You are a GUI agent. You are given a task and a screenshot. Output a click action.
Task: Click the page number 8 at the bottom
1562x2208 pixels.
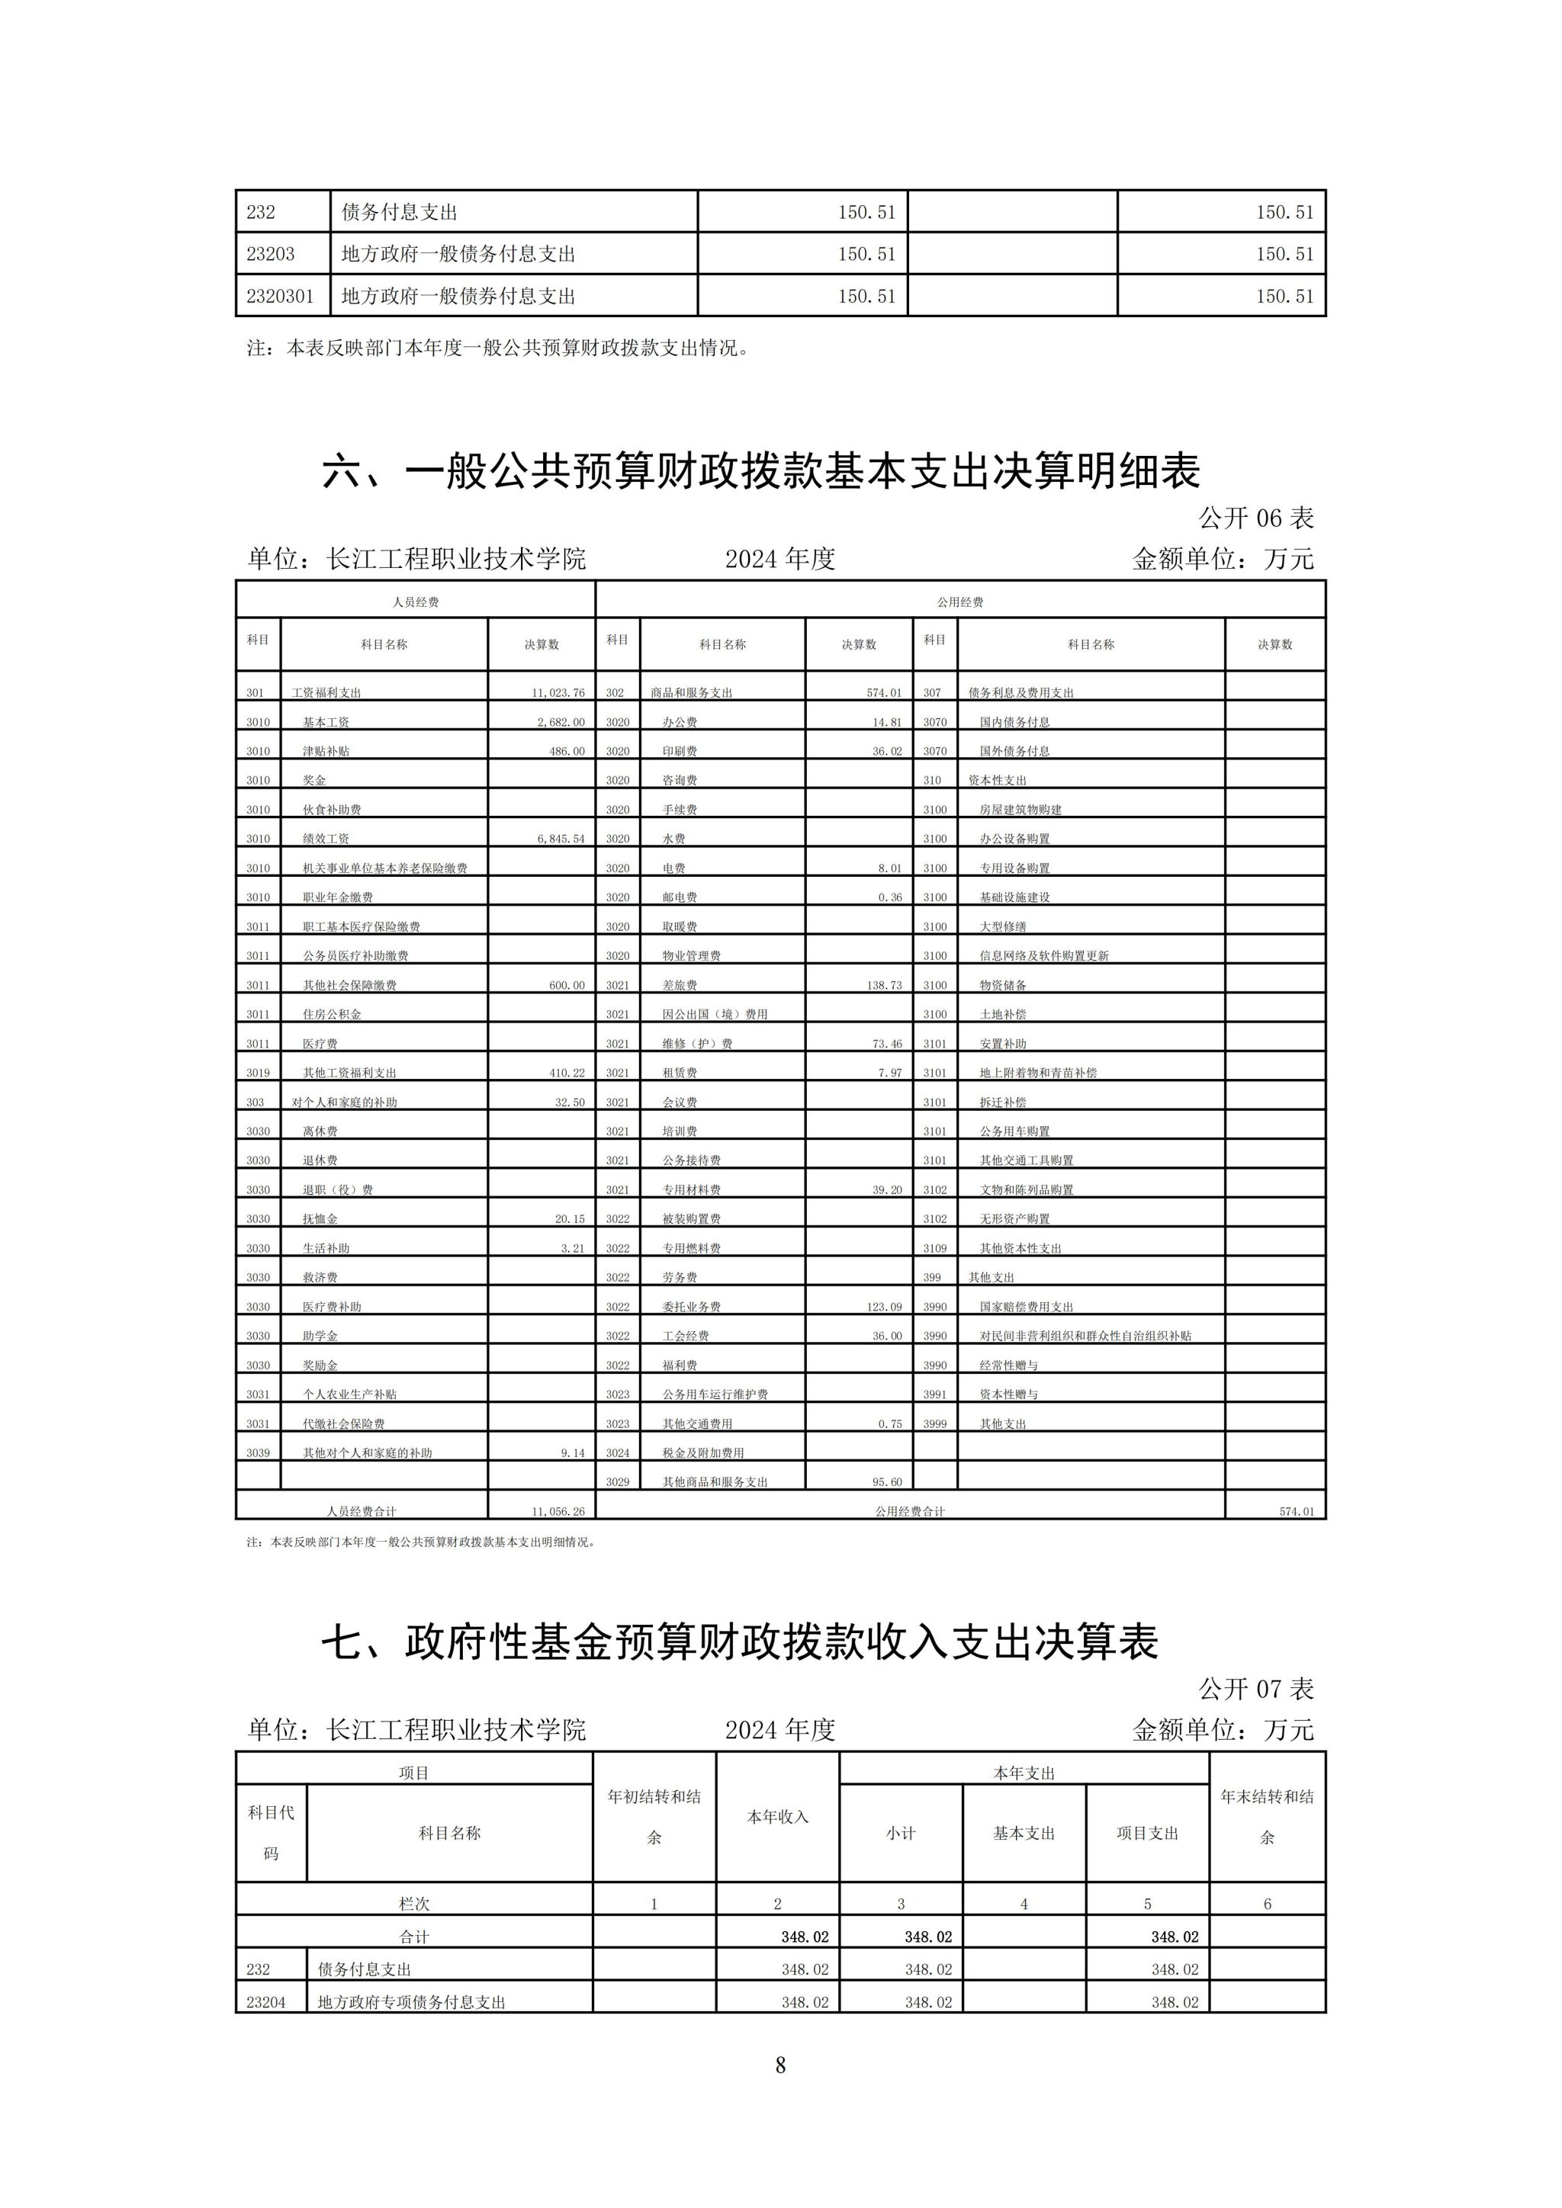point(780,2065)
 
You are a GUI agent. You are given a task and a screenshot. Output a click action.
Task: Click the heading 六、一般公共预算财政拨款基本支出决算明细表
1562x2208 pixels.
point(761,471)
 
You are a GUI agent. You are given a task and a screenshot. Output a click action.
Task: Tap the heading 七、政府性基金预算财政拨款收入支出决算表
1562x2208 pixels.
point(740,1642)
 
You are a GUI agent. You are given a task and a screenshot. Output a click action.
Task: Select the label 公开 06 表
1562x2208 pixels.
point(1255,518)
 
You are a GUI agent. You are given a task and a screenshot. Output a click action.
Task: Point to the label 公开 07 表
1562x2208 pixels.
point(1255,1689)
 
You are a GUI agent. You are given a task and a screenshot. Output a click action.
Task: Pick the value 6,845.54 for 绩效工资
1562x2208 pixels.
point(561,839)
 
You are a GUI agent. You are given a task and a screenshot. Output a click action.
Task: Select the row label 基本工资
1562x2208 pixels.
point(326,722)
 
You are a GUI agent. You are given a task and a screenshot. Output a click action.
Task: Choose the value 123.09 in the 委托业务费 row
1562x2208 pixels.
point(882,1307)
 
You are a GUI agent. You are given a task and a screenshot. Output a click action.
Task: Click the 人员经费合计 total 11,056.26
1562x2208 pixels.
point(558,1511)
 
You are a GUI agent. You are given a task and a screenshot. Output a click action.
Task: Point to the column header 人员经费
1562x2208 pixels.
point(416,602)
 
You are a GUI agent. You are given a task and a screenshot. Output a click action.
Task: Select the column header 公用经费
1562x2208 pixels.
point(960,602)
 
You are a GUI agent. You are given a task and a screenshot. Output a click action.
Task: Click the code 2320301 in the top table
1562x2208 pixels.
point(280,296)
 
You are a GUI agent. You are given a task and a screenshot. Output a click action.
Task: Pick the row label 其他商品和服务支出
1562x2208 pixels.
point(715,1482)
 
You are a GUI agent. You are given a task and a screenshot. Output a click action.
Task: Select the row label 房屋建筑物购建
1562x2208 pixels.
point(1020,810)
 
